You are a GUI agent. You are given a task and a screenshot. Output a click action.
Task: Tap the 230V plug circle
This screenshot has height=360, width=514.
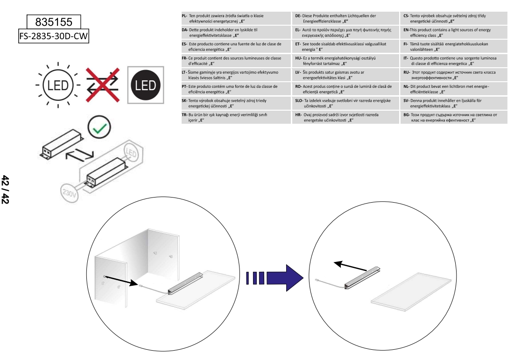pyautogui.click(x=69, y=192)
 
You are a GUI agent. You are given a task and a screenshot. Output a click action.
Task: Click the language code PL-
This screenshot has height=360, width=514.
pyautogui.click(x=185, y=16)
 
